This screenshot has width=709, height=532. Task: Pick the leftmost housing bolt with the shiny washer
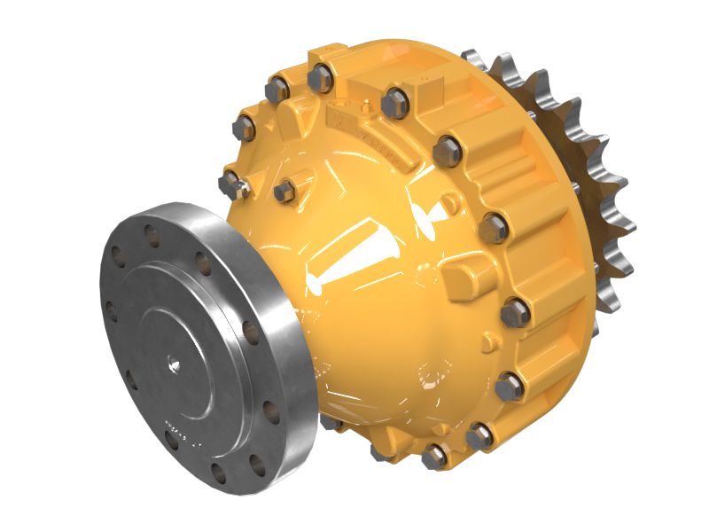(x=231, y=184)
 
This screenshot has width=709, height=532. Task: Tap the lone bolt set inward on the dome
(x=284, y=191)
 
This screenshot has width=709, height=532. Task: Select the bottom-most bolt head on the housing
(x=433, y=457)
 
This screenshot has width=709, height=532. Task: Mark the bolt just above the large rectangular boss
(x=493, y=228)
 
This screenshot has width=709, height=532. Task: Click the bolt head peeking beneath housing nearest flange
(x=332, y=422)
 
